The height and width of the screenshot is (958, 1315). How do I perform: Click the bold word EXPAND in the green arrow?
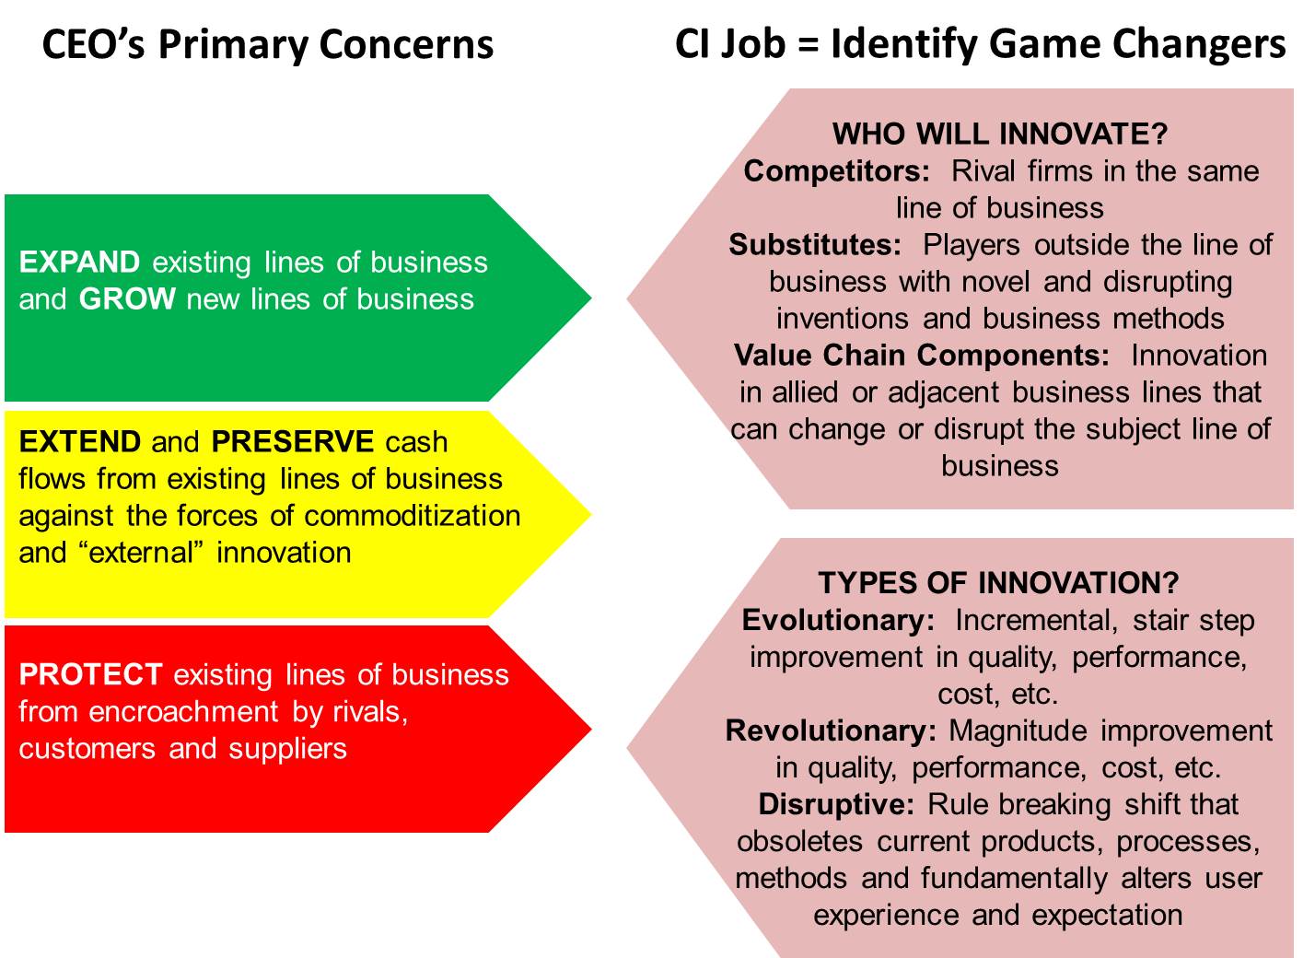click(79, 262)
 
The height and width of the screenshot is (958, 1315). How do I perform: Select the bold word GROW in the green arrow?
click(127, 299)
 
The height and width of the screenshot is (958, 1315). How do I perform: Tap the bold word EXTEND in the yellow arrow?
click(80, 442)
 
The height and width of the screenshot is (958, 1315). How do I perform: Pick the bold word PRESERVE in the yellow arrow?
click(292, 442)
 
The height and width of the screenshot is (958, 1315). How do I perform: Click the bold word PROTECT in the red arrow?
click(90, 674)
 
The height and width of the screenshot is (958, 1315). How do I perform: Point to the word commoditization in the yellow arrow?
click(413, 516)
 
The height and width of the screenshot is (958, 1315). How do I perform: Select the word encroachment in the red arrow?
click(183, 712)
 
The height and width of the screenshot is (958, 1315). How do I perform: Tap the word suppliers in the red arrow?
click(287, 750)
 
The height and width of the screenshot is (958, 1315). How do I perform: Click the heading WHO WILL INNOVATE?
click(1000, 134)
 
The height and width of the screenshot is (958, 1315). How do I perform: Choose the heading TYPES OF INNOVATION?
click(998, 583)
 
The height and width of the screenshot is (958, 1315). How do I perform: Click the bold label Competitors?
click(836, 171)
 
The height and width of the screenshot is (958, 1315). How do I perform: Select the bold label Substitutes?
click(815, 245)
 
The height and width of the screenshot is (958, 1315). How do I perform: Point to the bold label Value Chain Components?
click(922, 356)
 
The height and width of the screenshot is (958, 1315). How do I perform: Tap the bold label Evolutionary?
click(838, 620)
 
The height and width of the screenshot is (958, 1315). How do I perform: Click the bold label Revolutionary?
click(831, 731)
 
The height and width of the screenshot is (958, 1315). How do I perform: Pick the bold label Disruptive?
click(836, 805)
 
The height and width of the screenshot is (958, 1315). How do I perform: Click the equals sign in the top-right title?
click(809, 44)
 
